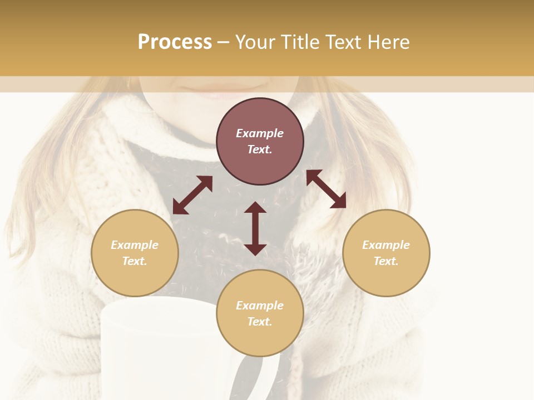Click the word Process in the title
175,42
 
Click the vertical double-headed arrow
255,228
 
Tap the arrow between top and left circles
192,195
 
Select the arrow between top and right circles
326,189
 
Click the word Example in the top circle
260,133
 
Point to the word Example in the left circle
135,245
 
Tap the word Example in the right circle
386,245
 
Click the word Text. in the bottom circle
260,322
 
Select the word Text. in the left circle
135,262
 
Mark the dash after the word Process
224,43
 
